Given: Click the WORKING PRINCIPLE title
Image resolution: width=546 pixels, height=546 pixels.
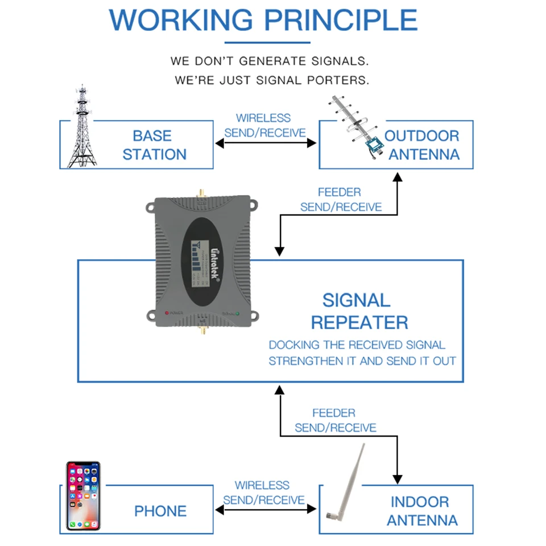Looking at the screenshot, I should (x=263, y=20).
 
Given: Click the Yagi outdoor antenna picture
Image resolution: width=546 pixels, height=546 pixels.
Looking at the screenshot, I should (x=358, y=129).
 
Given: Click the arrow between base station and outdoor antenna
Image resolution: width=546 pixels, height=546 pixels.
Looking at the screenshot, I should (x=266, y=143).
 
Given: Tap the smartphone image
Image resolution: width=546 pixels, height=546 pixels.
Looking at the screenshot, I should (x=83, y=496).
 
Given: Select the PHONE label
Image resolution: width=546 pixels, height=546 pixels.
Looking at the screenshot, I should (x=160, y=511).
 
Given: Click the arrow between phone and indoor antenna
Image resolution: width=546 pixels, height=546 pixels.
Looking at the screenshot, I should (x=266, y=510).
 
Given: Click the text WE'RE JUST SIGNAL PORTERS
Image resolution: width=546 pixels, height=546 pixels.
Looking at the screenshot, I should (x=272, y=80).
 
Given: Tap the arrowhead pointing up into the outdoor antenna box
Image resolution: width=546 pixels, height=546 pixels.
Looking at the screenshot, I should (x=397, y=177).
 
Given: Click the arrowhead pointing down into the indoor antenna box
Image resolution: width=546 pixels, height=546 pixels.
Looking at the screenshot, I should (x=397, y=478).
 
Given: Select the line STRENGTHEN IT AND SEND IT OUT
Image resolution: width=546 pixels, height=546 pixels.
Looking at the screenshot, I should (x=362, y=361).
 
